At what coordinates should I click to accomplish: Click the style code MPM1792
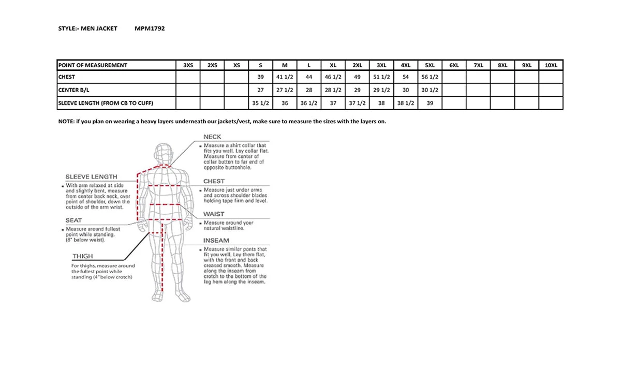pos(150,28)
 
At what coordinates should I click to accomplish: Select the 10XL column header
pos(551,65)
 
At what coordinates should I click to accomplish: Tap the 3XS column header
pos(188,65)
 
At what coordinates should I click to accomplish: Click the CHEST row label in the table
pos(67,77)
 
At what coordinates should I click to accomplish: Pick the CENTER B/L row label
pos(75,90)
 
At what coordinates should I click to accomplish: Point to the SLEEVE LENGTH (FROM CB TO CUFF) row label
pos(106,103)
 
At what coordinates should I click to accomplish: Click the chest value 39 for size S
pos(261,77)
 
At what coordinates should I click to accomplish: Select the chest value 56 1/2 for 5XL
pos(430,77)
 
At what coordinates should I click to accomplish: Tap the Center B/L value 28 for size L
pos(309,90)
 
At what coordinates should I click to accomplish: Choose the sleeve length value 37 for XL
pos(333,103)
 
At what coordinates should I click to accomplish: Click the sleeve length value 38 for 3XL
pos(381,103)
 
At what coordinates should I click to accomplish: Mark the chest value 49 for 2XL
pos(357,77)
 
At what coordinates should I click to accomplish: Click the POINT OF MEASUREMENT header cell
pos(93,65)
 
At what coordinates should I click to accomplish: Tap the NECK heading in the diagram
pos(212,137)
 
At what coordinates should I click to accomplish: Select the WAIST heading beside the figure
pos(214,214)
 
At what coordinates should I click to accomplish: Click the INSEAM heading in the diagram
pos(216,241)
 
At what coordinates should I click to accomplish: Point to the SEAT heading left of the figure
pos(73,220)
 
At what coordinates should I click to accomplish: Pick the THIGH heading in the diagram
pos(83,256)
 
